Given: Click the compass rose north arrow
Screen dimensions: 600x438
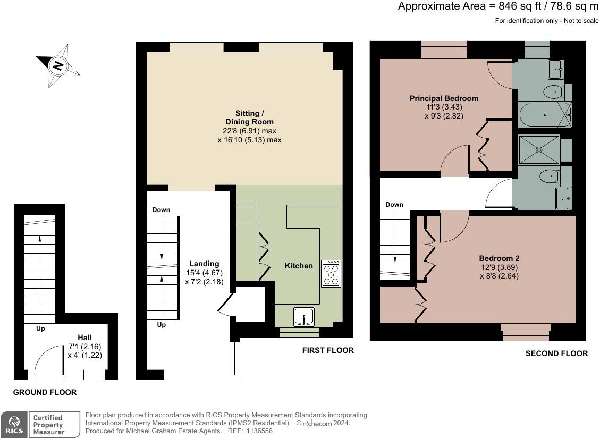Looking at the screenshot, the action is (x=58, y=65).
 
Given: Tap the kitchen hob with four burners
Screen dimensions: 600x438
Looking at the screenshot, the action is (x=332, y=274).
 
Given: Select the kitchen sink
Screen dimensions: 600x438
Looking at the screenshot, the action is (x=304, y=317).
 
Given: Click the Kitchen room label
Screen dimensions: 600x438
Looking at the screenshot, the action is (x=299, y=266).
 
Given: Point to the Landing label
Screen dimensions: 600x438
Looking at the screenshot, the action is (x=204, y=264).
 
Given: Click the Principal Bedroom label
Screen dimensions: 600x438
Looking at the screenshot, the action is (x=444, y=98).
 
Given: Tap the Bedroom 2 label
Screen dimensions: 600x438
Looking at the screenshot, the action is (x=499, y=258).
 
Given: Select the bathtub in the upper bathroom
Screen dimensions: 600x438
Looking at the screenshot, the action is (x=545, y=115).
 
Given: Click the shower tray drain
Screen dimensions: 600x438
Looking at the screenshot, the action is (x=539, y=150).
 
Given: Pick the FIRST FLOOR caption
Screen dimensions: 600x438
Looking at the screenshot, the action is (x=328, y=350).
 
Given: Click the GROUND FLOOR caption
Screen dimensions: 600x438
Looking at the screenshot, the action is (x=45, y=392).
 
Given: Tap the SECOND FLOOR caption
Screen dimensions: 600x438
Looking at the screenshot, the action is (x=556, y=353).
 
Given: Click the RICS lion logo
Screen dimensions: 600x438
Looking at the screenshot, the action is (x=14, y=424).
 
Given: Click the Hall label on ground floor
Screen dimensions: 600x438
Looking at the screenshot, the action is (x=84, y=338).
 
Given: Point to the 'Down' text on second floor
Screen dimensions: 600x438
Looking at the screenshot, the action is (x=394, y=205).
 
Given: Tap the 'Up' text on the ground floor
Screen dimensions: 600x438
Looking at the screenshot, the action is (x=40, y=328).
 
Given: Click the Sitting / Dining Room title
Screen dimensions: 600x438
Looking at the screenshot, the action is (x=249, y=117).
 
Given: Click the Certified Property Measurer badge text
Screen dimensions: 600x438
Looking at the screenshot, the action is (x=48, y=425).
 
